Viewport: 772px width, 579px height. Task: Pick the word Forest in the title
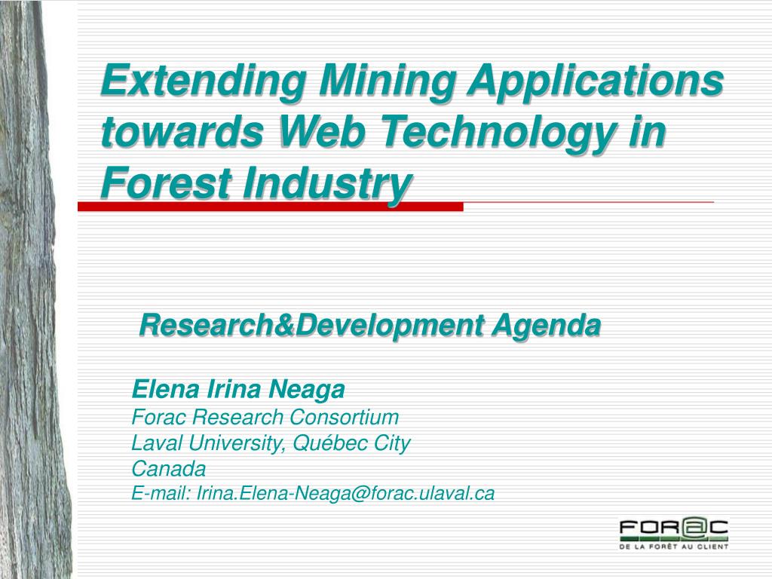[166, 183]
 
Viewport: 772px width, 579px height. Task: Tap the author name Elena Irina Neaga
[238, 390]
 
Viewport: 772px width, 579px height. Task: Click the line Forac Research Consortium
[265, 417]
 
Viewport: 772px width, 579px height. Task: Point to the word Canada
[168, 468]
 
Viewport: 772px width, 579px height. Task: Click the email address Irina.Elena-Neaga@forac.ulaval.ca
[345, 493]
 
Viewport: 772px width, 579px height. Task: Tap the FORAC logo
[673, 534]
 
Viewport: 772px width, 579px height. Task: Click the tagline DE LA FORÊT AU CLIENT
[673, 547]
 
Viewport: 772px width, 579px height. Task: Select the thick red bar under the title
[271, 207]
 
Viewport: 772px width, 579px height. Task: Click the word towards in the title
[182, 131]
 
